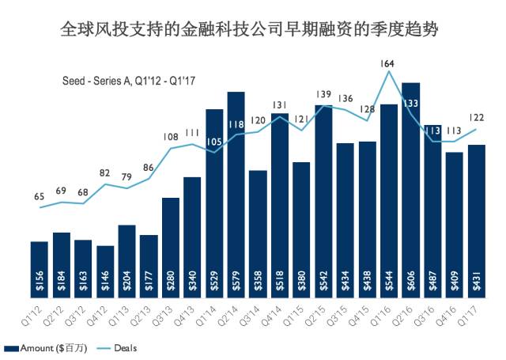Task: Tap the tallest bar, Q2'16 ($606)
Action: [x=410, y=190]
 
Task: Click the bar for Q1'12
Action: [x=40, y=269]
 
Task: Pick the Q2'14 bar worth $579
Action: [x=236, y=195]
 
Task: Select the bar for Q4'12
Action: [x=105, y=271]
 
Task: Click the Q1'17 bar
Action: [x=476, y=221]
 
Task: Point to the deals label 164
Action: [x=388, y=63]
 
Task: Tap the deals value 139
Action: [x=323, y=95]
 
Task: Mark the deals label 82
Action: [x=105, y=172]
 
